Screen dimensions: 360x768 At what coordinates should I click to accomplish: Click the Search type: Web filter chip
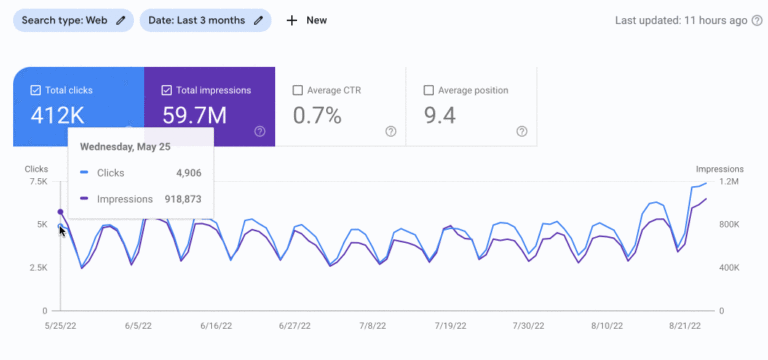pos(71,20)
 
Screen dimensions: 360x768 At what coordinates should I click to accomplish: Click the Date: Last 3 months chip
pos(205,20)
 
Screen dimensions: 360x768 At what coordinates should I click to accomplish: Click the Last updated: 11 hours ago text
pos(680,20)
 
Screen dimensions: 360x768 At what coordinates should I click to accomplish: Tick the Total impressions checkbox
pos(166,90)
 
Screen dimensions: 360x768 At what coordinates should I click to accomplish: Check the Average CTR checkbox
pos(298,90)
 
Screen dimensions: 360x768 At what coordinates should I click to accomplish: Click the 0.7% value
pos(318,116)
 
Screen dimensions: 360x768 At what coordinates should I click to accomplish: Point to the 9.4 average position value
pos(440,116)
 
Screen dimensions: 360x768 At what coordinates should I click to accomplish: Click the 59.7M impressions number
pos(197,116)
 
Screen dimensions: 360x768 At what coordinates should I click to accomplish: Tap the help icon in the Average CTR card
pos(390,131)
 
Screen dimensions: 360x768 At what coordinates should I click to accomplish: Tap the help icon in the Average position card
pos(521,131)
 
